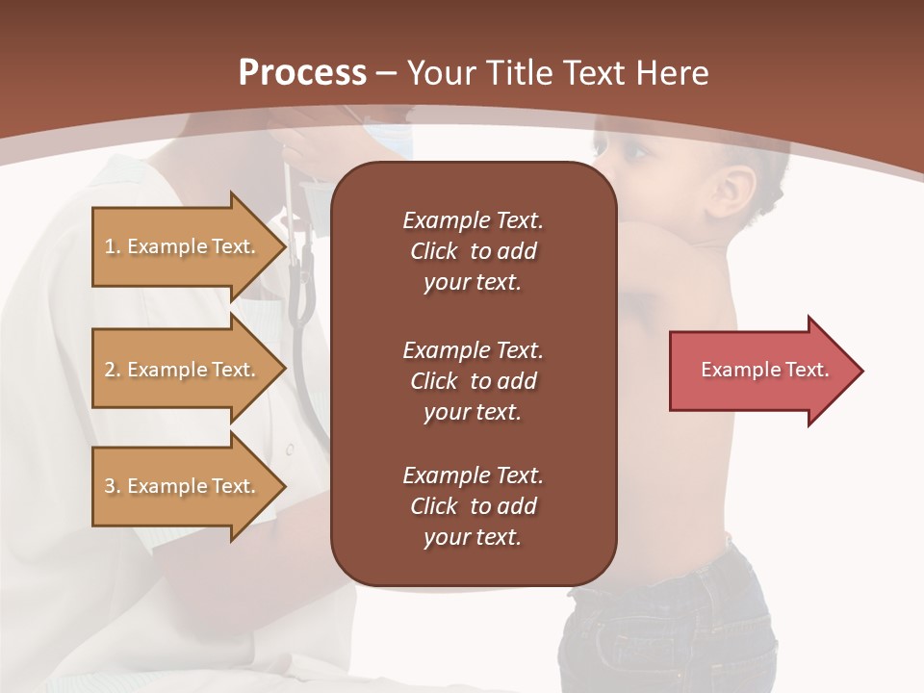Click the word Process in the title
click(x=302, y=73)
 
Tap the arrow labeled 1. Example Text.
click(x=183, y=246)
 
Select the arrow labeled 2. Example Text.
click(x=183, y=370)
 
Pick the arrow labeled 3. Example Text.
click(x=183, y=486)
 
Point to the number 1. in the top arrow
click(x=113, y=246)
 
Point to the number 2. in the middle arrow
click(x=113, y=370)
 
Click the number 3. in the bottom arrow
click(x=113, y=486)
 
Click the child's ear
click(x=736, y=192)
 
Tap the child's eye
click(x=636, y=151)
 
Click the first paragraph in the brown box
click(x=473, y=251)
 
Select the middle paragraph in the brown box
click(x=473, y=381)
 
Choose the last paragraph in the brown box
click(x=473, y=506)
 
